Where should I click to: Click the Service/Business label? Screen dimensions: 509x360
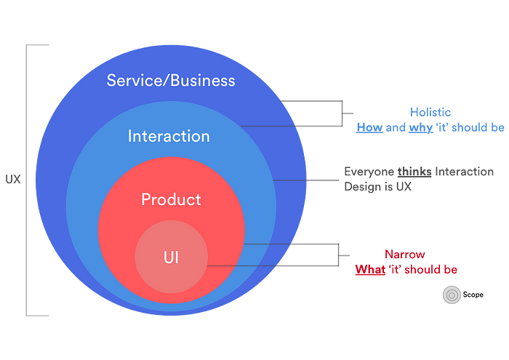coord(171,81)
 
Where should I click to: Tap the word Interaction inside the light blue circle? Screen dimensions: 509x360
coord(169,136)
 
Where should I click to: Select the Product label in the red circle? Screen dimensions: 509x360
coord(171,199)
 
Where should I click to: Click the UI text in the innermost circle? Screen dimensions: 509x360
coord(171,257)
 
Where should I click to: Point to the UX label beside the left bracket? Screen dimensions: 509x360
coord(13,179)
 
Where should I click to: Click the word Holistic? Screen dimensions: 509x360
coord(430,112)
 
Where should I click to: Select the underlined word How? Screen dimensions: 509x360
coord(369,127)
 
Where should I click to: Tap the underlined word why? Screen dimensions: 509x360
coord(421,128)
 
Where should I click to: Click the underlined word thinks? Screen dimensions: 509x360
coord(414,172)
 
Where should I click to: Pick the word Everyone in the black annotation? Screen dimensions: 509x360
coord(369,172)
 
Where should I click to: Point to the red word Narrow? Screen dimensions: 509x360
coord(405,254)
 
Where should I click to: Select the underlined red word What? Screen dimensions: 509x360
coord(370,269)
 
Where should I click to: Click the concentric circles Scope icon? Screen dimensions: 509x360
coord(452,295)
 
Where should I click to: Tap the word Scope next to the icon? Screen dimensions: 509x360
coord(473,295)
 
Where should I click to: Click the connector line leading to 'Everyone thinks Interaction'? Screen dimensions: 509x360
coord(306,180)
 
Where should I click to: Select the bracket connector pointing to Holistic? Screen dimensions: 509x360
coord(342,113)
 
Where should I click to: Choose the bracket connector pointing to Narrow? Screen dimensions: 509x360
coord(339,255)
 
